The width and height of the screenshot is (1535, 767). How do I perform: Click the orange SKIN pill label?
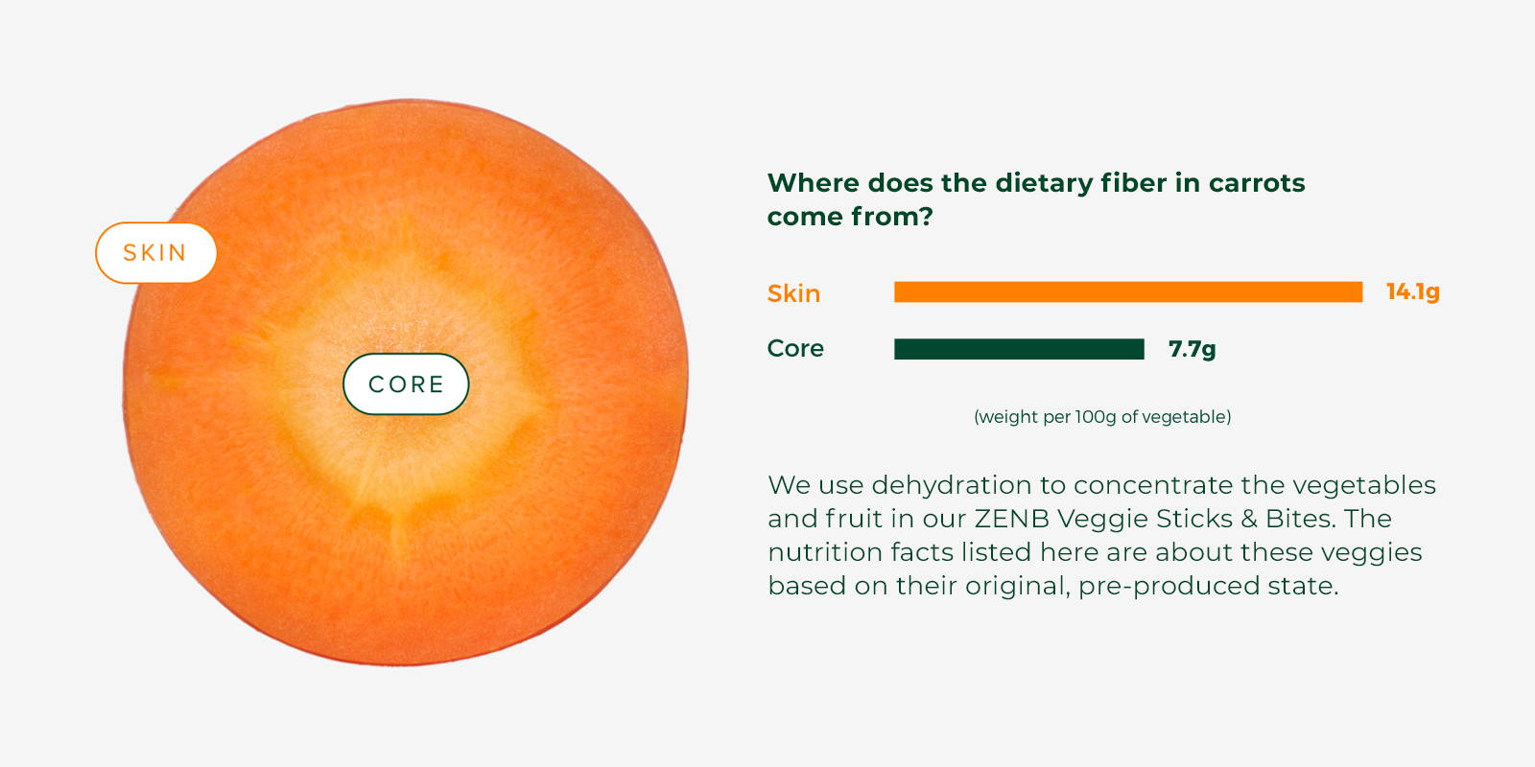156,253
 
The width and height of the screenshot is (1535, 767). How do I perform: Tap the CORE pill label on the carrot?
406,384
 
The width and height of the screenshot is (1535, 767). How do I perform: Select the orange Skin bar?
1128,291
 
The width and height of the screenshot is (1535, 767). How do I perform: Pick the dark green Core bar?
1019,349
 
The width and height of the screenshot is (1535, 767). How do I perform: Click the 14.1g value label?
1412,291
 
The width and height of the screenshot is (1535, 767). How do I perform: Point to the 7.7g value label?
1192,350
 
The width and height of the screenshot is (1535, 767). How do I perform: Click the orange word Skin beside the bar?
793,293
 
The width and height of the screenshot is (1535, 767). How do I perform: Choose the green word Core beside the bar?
795,349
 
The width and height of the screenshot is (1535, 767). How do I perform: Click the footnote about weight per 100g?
1102,417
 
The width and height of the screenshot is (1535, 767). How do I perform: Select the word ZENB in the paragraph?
1011,519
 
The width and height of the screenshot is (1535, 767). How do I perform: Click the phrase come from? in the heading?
850,217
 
